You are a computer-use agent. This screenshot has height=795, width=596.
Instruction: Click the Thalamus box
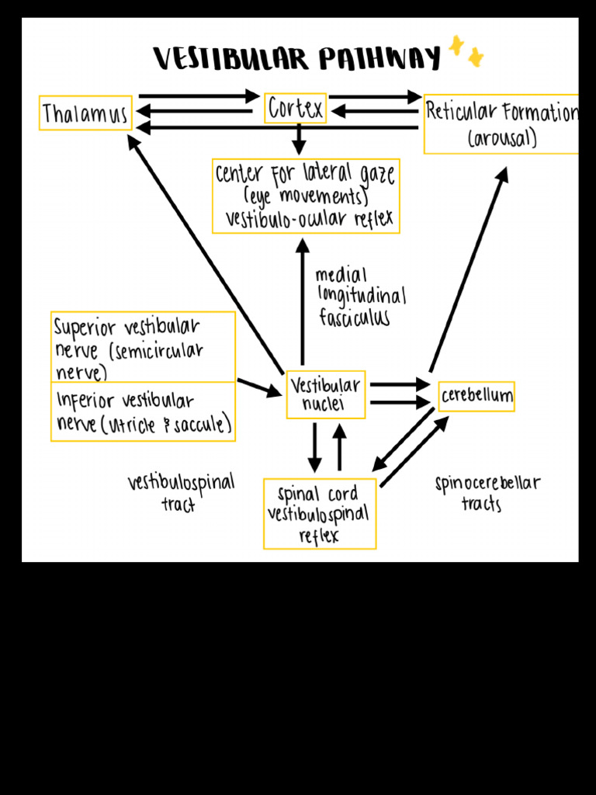(x=85, y=113)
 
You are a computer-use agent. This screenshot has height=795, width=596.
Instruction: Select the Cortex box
(x=295, y=109)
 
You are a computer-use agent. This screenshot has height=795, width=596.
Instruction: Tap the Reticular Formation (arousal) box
(x=501, y=124)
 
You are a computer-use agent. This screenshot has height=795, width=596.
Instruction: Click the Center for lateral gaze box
(x=305, y=196)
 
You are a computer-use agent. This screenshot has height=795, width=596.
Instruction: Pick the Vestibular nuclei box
(x=325, y=394)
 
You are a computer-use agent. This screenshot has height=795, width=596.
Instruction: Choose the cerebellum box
(x=476, y=397)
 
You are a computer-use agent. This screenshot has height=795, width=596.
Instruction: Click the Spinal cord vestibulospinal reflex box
(x=319, y=514)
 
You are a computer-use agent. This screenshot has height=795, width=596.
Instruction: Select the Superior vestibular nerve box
(x=143, y=347)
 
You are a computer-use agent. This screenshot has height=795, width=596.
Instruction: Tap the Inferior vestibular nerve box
(x=143, y=412)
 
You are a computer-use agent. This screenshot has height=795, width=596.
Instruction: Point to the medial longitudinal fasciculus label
(x=360, y=297)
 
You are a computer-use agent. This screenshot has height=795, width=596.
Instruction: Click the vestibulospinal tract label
(x=181, y=492)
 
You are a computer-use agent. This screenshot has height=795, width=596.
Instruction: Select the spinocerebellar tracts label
(x=487, y=493)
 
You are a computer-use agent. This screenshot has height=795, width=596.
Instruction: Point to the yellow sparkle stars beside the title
(x=466, y=51)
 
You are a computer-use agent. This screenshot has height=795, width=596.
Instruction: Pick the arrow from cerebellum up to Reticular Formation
(x=468, y=269)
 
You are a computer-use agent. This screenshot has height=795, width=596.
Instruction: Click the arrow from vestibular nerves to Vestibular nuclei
(x=259, y=387)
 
